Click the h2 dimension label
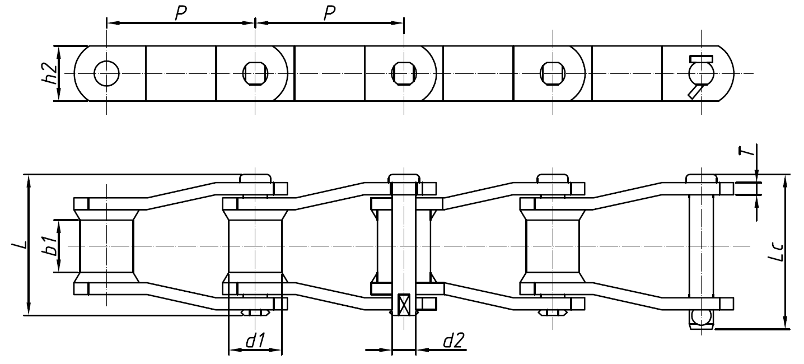click(x=50, y=73)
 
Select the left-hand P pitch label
click(x=180, y=13)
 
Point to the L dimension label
click(x=19, y=245)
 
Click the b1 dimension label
click(x=50, y=246)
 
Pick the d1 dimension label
click(x=255, y=340)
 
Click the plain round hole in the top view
click(x=106, y=73)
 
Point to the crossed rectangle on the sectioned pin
click(x=404, y=305)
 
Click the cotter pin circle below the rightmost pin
click(x=700, y=317)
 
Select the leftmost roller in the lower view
click(x=106, y=246)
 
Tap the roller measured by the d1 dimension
click(x=255, y=246)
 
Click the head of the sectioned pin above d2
click(x=404, y=178)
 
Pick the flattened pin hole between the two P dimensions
click(x=255, y=73)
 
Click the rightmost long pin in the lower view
click(x=700, y=246)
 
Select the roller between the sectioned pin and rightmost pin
click(x=553, y=246)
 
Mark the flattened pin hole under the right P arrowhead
click(x=404, y=73)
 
